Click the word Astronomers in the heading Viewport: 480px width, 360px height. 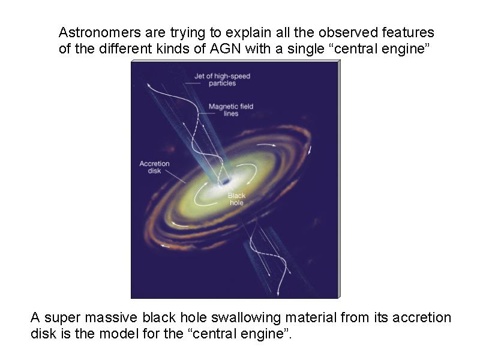tap(100, 32)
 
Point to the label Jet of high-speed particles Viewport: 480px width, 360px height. tap(222, 80)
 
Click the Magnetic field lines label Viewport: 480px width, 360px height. tap(231, 110)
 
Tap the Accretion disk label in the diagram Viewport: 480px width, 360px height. tap(154, 167)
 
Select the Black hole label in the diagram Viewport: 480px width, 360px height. tap(236, 199)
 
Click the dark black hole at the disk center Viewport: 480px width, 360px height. tap(226, 182)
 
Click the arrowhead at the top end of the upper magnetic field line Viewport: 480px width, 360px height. tap(149, 85)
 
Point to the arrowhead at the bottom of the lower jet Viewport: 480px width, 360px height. tap(278, 293)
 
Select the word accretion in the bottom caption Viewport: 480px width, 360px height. tap(422, 317)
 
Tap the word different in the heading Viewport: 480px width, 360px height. tap(125, 49)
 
